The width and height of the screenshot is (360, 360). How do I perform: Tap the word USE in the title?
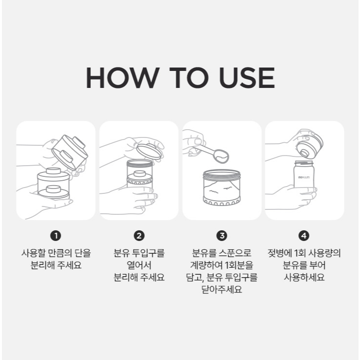[247, 78]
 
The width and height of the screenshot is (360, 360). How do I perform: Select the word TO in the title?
[189, 78]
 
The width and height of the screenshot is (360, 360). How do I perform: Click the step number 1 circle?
[55, 236]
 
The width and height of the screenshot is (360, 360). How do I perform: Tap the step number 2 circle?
[139, 236]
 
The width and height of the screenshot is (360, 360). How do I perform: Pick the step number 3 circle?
[222, 236]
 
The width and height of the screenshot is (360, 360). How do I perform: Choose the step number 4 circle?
[304, 236]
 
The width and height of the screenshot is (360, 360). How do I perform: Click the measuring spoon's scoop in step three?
[221, 156]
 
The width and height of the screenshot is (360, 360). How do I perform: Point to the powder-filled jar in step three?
[222, 188]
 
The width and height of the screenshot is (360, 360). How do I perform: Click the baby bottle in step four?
[304, 174]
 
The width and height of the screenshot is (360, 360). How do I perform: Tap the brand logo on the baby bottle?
[304, 177]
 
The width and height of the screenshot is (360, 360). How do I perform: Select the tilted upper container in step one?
[70, 152]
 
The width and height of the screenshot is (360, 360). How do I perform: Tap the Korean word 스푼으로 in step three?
[235, 253]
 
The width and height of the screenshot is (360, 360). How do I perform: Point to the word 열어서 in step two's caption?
[139, 265]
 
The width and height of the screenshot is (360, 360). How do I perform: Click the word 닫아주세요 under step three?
[222, 289]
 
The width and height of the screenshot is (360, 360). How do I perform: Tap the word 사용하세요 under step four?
[304, 277]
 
